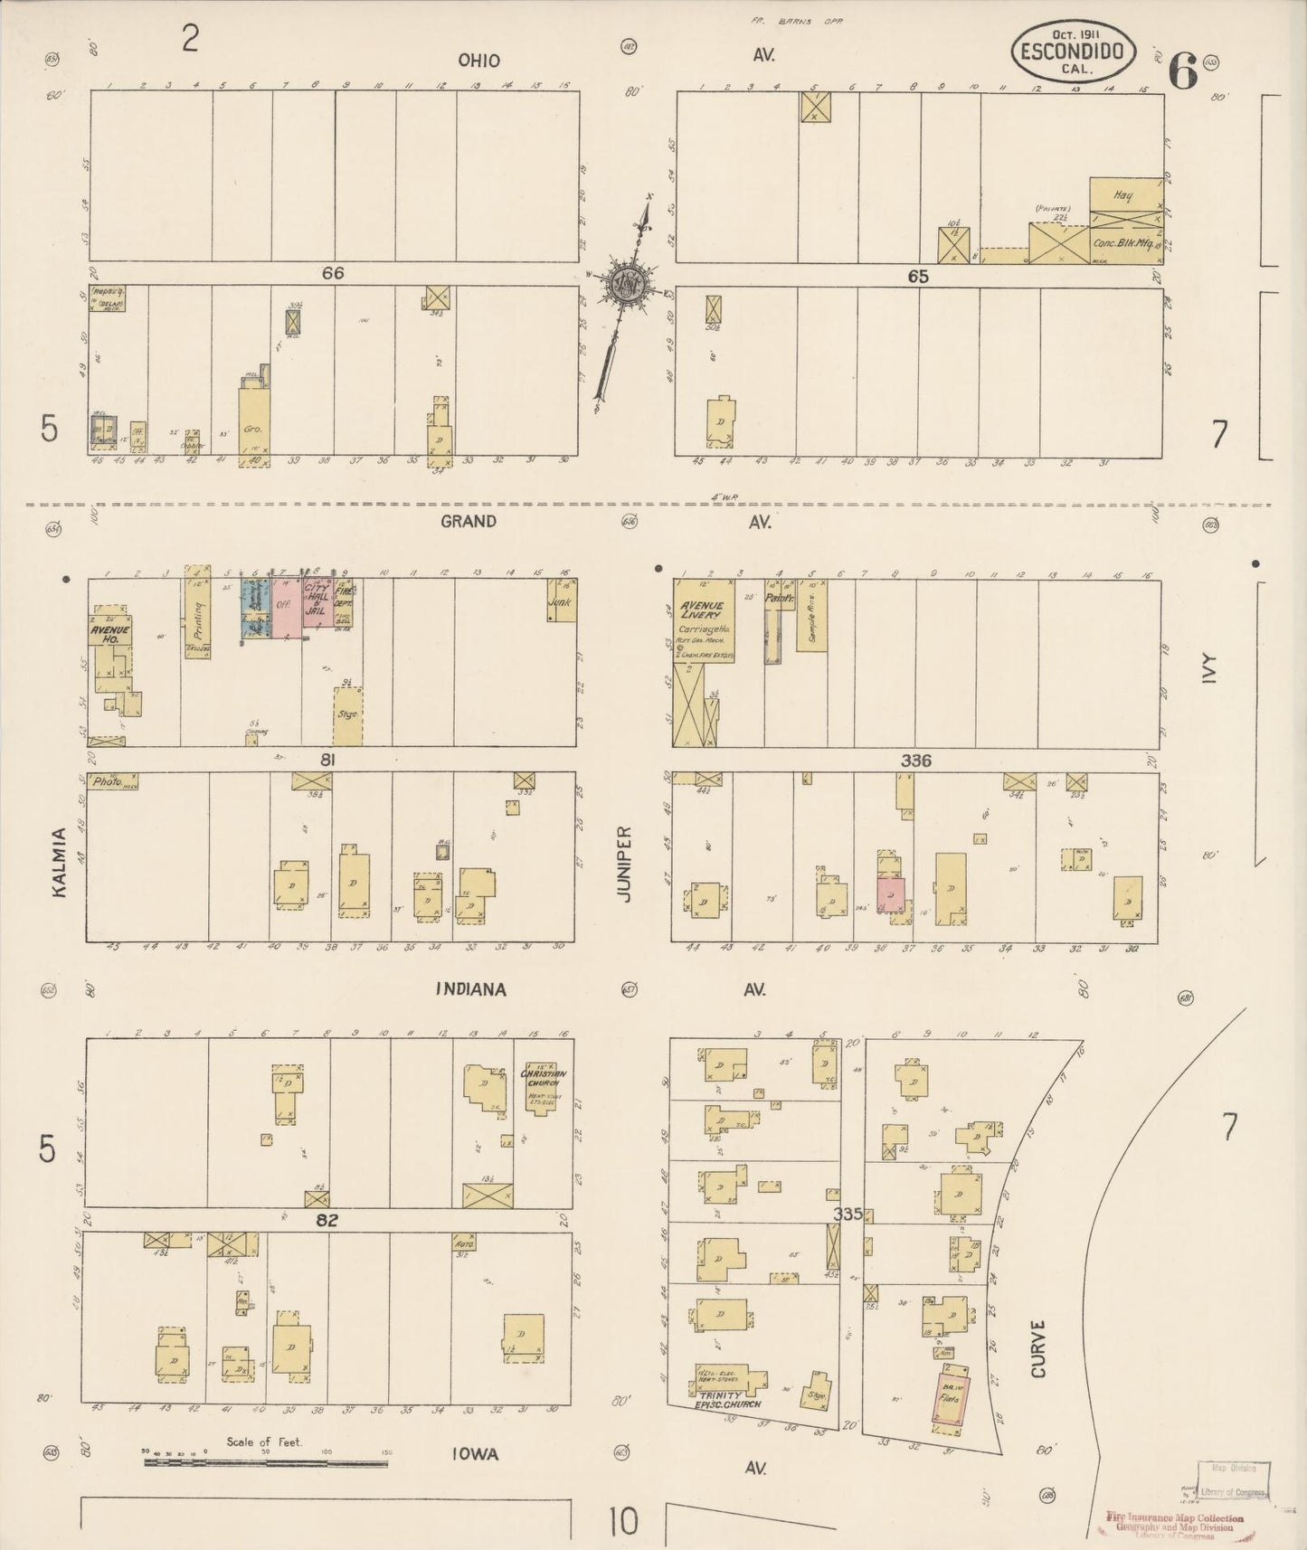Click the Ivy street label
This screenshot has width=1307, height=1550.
coord(1211,671)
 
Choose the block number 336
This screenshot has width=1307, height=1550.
coord(915,761)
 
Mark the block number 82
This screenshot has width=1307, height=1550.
coord(327,1219)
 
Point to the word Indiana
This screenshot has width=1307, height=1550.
coord(470,989)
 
